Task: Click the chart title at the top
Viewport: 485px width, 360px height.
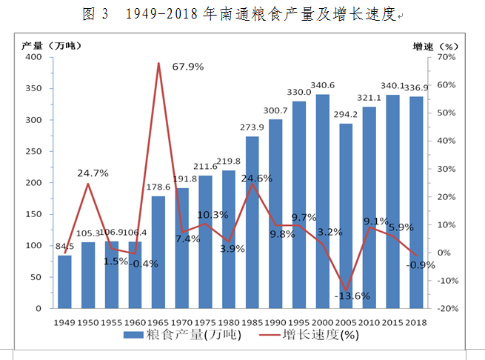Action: point(241,14)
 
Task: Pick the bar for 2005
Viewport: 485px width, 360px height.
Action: point(345,216)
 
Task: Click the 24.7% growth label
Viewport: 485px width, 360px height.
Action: point(93,173)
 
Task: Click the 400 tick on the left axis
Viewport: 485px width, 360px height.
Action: point(34,57)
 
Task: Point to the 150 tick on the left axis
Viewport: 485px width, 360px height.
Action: point(34,214)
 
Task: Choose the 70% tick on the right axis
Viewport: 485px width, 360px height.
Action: point(449,57)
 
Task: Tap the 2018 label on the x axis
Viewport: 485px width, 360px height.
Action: point(417,322)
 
